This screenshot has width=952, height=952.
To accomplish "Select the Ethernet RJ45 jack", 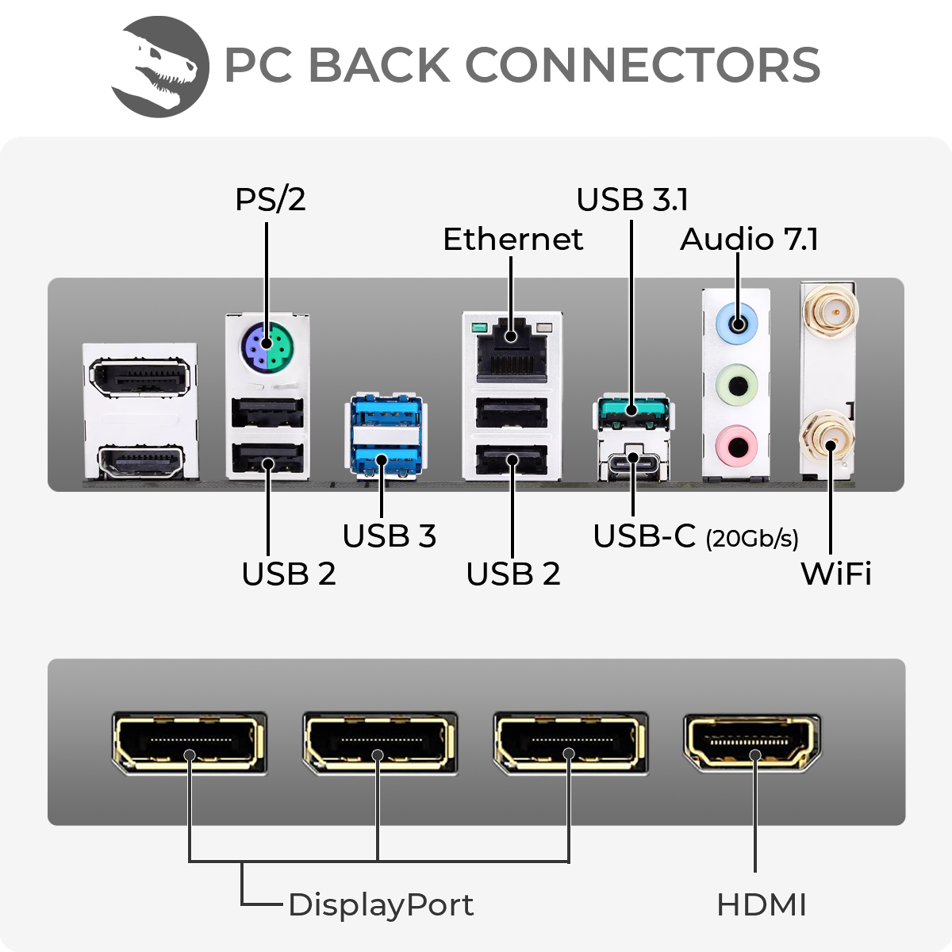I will pyautogui.click(x=512, y=349).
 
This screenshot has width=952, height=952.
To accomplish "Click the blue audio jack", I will pyautogui.click(x=737, y=324).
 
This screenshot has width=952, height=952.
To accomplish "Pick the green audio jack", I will pyautogui.click(x=737, y=386).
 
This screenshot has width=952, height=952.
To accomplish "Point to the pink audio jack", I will pyautogui.click(x=737, y=446).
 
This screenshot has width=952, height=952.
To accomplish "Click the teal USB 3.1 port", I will pyautogui.click(x=632, y=411).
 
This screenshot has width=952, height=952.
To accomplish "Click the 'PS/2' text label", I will pyautogui.click(x=270, y=199).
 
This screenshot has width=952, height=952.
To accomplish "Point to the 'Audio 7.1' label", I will pyautogui.click(x=749, y=239).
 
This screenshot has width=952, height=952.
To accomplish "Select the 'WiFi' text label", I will pyautogui.click(x=835, y=573).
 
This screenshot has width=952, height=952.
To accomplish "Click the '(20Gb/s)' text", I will pyautogui.click(x=751, y=539).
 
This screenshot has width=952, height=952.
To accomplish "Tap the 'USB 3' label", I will pyautogui.click(x=389, y=536).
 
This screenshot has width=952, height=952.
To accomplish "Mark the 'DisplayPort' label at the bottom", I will pyautogui.click(x=381, y=904).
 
